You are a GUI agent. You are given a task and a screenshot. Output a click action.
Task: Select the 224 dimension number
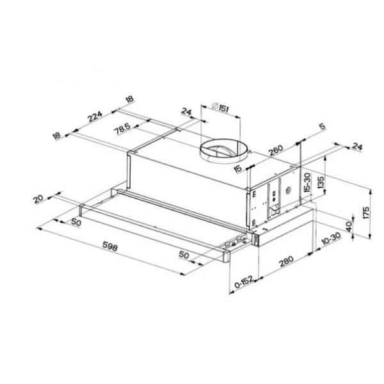tap(95, 117)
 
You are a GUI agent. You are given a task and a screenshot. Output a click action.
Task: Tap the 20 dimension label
tap(40, 199)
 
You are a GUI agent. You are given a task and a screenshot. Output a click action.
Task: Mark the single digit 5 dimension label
tap(321, 127)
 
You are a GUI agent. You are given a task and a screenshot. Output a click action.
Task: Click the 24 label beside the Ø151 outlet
tap(187, 113)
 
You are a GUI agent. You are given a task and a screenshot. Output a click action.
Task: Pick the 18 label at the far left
tap(58, 136)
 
